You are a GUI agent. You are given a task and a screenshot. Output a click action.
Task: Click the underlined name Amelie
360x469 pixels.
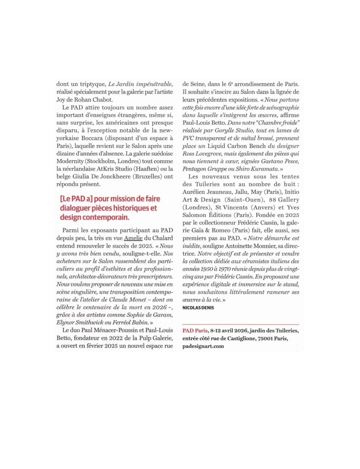(x=133, y=238)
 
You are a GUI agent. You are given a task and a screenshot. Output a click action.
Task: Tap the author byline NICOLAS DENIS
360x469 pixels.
(x=198, y=307)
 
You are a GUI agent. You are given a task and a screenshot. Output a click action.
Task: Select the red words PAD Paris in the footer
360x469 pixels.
(x=195, y=331)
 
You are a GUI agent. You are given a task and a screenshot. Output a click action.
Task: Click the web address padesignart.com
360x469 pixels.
(x=203, y=346)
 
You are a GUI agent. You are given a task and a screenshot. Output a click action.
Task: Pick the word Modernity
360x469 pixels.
(x=71, y=161)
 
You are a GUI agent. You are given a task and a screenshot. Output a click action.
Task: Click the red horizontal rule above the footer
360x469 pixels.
(x=241, y=324)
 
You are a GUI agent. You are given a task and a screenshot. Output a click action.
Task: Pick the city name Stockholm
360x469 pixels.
(x=102, y=161)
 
